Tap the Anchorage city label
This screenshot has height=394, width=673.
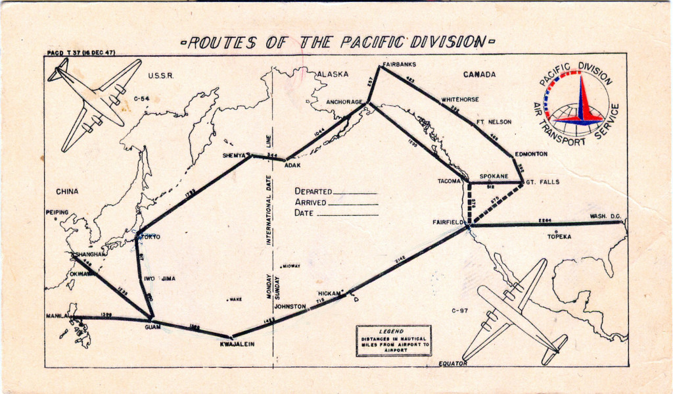click(344, 102)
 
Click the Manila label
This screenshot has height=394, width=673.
click(58, 316)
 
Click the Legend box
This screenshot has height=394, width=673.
click(384, 340)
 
